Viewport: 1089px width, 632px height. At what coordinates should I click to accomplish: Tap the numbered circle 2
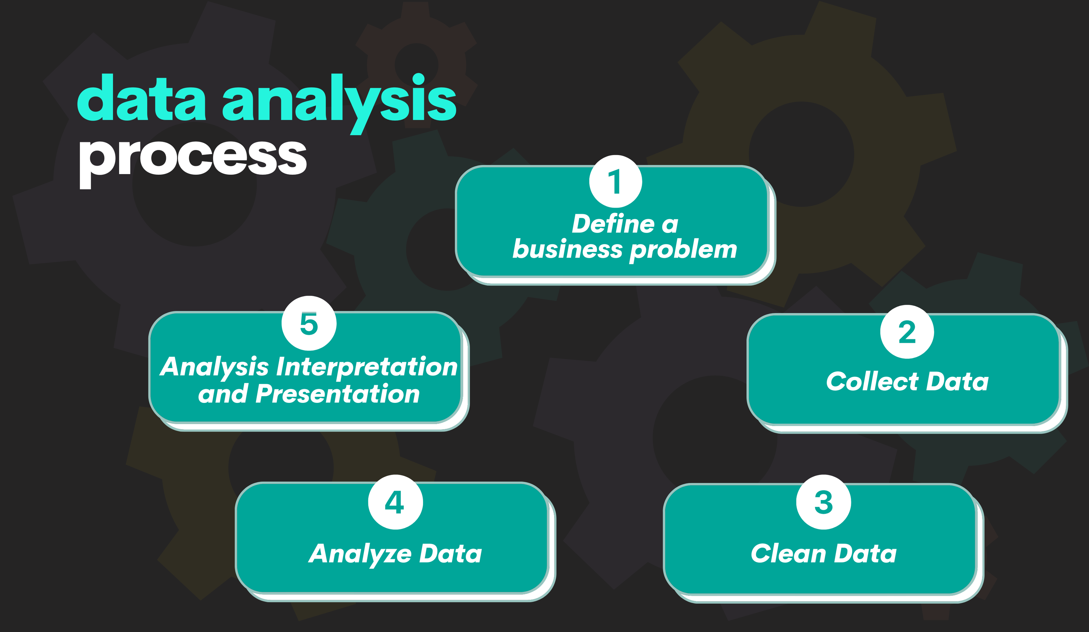(x=907, y=332)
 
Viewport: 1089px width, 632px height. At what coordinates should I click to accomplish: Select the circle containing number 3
(x=824, y=502)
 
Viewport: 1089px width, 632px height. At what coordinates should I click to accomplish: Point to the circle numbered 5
(x=309, y=323)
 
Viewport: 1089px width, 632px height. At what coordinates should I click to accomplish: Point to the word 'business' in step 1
(x=567, y=249)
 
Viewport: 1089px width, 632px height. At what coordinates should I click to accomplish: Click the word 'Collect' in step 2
(x=872, y=381)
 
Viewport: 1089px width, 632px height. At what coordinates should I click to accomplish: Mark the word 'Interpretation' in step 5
(x=366, y=367)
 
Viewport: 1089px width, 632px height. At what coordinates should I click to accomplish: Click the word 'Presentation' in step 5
(x=338, y=394)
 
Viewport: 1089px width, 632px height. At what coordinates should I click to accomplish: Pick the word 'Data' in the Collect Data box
(x=957, y=381)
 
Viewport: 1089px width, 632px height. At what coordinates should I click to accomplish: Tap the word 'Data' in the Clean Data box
(x=865, y=554)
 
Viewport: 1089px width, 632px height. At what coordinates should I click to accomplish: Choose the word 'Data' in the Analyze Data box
(x=450, y=554)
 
